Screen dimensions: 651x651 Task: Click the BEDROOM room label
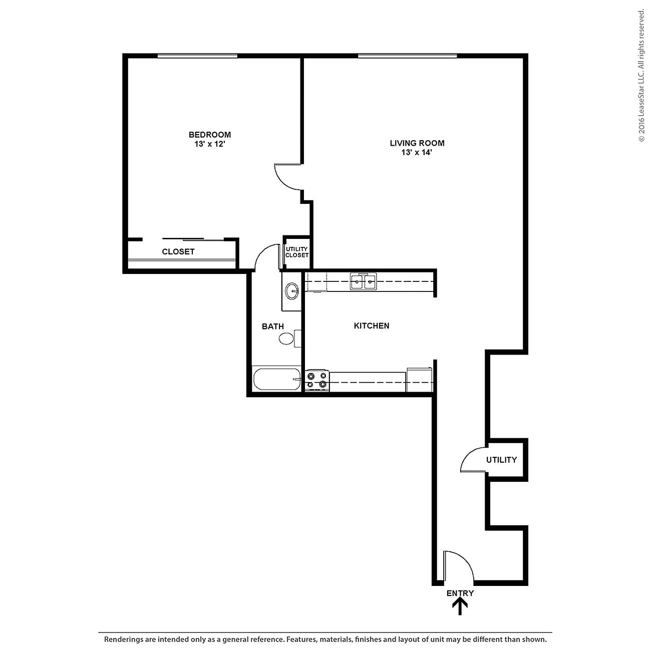tap(209, 135)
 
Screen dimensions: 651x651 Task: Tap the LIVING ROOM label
tap(417, 143)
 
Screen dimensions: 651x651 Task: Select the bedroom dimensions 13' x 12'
tap(209, 144)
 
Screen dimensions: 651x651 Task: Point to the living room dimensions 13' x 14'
tap(417, 152)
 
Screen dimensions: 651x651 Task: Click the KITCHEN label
tap(371, 326)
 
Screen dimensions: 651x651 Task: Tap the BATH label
tap(272, 327)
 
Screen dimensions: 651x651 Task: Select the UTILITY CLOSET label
tap(297, 252)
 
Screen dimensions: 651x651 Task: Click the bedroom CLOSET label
tap(178, 252)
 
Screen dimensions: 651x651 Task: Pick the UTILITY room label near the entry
tap(501, 460)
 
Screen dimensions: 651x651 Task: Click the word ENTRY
tap(460, 593)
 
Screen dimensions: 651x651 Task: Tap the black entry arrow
tap(460, 607)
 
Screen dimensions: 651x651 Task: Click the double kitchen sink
tap(363, 282)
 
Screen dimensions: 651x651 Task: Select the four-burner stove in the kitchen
tap(317, 381)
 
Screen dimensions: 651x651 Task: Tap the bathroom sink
tap(291, 290)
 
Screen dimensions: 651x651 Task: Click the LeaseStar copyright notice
tap(641, 75)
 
